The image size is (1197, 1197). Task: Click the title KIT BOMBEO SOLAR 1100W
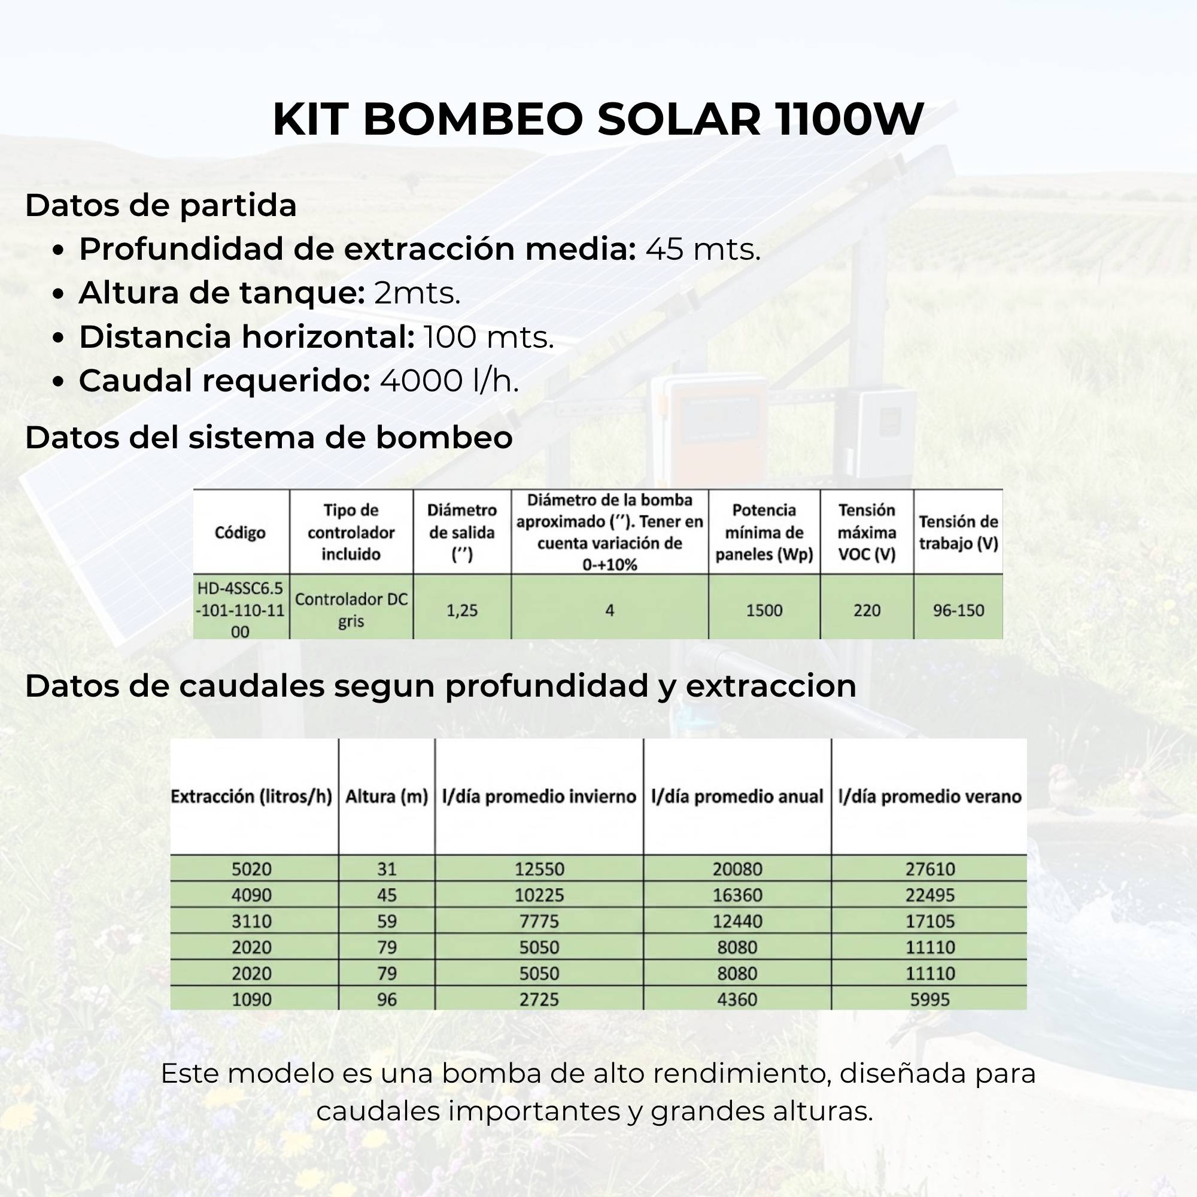[598, 119]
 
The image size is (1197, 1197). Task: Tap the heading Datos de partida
[160, 206]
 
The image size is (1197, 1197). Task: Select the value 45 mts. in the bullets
[703, 249]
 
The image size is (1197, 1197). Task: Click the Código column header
[240, 532]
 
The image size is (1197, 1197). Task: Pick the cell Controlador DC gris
[351, 610]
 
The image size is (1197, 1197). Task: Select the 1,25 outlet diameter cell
[462, 610]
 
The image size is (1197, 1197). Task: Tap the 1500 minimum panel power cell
[764, 610]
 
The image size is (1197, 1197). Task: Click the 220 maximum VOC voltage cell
[866, 610]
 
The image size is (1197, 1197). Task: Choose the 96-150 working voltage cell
[958, 610]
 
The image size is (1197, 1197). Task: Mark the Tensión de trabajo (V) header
[958, 532]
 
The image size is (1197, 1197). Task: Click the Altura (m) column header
[387, 796]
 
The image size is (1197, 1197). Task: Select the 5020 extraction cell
[251, 868]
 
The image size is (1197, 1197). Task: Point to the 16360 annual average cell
[737, 895]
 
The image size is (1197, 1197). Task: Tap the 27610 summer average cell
[930, 868]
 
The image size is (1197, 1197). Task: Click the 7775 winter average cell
[539, 920]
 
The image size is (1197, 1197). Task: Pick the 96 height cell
[387, 999]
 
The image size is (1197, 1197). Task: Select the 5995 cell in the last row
[930, 999]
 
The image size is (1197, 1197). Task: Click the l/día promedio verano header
[930, 796]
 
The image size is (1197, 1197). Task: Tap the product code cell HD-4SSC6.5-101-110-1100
[240, 610]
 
